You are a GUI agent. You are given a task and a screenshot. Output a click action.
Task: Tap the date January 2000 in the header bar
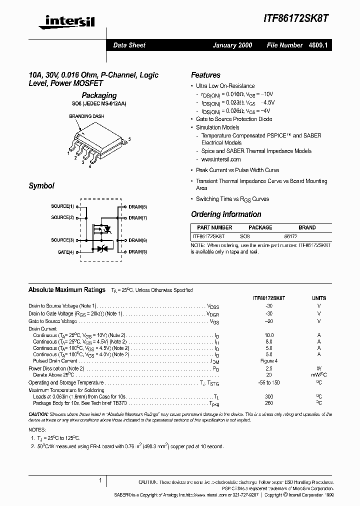click(x=232, y=45)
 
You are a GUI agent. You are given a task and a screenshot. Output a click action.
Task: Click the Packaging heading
click(x=99, y=95)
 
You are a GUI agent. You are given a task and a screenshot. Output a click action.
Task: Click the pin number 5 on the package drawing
click(x=129, y=139)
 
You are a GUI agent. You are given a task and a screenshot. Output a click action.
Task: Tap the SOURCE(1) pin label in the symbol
click(x=62, y=206)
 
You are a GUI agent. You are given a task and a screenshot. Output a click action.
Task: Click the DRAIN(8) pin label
click(x=137, y=206)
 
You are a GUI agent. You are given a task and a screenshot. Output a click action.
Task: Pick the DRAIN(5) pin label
click(x=137, y=252)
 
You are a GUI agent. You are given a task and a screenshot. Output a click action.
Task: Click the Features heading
click(x=205, y=75)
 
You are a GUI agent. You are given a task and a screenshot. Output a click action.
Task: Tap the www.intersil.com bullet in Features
click(x=221, y=159)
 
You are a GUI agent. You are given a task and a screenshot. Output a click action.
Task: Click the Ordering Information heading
click(x=226, y=214)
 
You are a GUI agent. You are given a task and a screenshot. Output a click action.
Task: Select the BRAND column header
click(x=307, y=227)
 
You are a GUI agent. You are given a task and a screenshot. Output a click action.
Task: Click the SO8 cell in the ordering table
click(x=245, y=235)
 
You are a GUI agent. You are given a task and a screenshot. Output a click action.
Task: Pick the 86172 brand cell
click(x=290, y=235)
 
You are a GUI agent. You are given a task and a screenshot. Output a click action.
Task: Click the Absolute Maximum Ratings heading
click(x=67, y=289)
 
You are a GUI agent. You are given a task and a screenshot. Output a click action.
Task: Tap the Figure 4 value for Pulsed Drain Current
click(x=268, y=361)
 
